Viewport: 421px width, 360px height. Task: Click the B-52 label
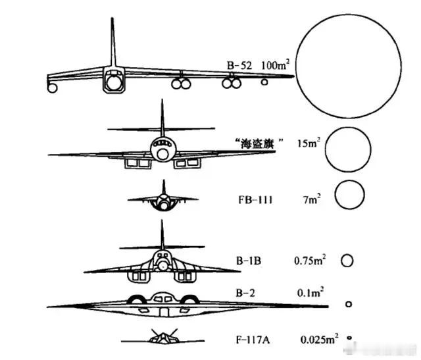tap(239, 65)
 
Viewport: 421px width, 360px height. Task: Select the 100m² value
tap(275, 64)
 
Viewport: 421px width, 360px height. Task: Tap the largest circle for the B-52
tap(349, 14)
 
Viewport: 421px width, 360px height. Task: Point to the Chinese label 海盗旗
tap(257, 143)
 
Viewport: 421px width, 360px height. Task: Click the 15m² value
tap(309, 143)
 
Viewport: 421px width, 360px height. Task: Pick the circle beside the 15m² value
tap(348, 127)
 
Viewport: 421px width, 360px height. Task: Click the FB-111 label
tap(255, 200)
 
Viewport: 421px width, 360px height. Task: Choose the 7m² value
tap(311, 199)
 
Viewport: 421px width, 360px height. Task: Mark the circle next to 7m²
tap(349, 180)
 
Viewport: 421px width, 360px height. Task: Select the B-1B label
tap(249, 261)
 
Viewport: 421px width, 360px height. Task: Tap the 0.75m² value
tap(310, 260)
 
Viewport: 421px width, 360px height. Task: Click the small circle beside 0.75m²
tap(347, 255)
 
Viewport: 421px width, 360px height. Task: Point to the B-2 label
tap(245, 293)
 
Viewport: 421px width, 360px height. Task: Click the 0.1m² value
tap(310, 292)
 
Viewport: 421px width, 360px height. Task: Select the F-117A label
tap(253, 340)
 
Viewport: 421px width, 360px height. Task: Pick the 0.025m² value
tap(319, 339)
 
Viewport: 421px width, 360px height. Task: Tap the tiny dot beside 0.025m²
tap(349, 338)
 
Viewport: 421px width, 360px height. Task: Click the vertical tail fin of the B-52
tap(112, 42)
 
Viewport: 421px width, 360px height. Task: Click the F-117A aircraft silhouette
tap(162, 338)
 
